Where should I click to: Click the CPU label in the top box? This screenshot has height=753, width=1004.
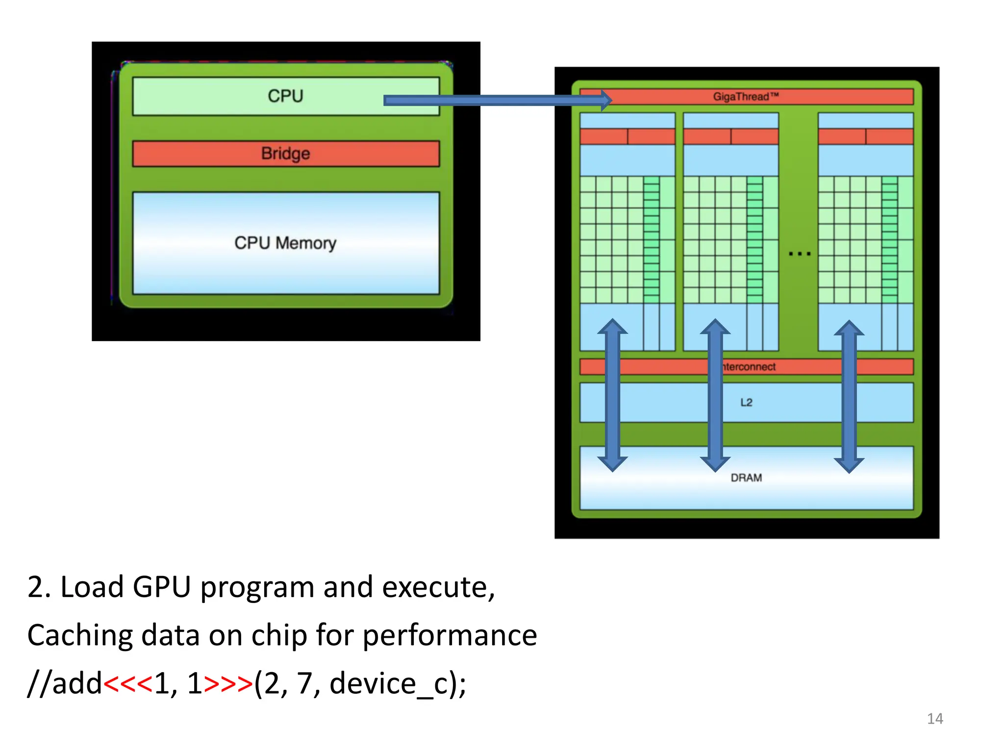click(285, 96)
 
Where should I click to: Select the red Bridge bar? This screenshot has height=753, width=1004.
click(285, 153)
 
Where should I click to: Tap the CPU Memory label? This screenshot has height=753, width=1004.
click(285, 243)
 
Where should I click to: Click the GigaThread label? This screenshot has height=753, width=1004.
click(746, 97)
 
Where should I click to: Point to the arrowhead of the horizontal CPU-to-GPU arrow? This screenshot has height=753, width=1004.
click(606, 100)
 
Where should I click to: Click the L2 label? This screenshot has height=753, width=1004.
click(746, 402)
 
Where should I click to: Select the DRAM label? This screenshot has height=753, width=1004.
click(746, 477)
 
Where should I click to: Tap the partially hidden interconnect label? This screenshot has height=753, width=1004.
click(749, 367)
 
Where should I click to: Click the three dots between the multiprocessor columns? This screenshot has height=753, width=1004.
click(800, 254)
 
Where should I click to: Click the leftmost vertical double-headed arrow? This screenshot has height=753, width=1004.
click(612, 395)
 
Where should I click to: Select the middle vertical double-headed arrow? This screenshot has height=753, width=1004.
click(715, 395)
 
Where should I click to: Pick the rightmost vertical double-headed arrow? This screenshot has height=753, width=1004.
click(849, 396)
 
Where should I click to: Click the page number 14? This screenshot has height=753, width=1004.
click(935, 719)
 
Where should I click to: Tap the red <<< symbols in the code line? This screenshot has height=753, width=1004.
click(128, 684)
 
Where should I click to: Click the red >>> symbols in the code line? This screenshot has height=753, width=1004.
click(228, 684)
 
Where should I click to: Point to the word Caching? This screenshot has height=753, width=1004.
click(80, 636)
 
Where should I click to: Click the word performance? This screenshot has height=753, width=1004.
click(450, 636)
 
